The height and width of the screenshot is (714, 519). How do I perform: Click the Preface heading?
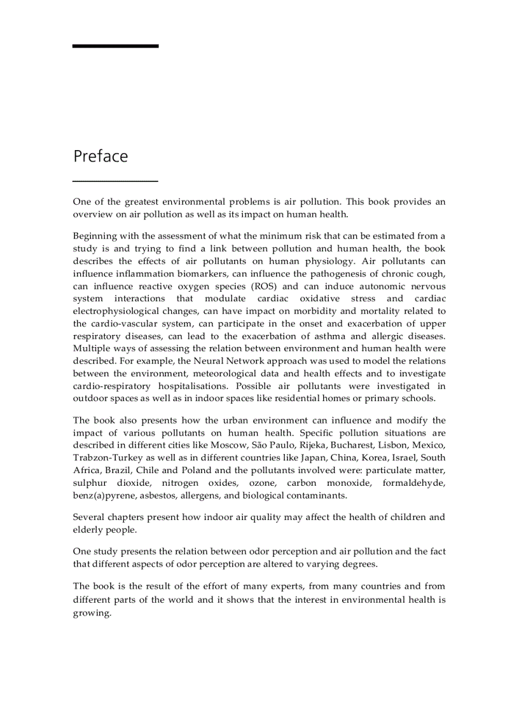100,156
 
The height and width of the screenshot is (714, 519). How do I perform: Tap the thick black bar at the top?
115,46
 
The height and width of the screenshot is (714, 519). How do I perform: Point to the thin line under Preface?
115,181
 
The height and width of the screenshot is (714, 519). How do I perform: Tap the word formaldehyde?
414,483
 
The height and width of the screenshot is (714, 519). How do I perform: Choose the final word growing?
92,614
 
